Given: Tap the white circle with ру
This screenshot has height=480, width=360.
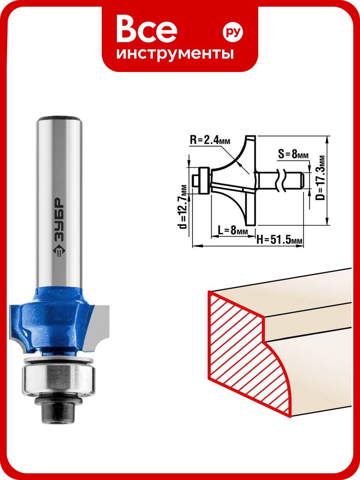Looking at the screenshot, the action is point(232,32).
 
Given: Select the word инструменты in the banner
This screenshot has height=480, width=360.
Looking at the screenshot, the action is point(175,53).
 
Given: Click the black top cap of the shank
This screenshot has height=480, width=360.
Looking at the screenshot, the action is point(59,118).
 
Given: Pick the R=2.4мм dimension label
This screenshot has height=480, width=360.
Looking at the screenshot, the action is point(210,140).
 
